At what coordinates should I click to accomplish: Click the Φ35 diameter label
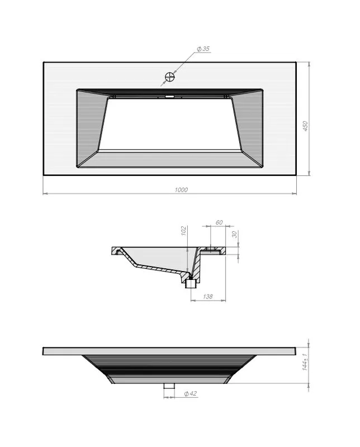(x=203, y=49)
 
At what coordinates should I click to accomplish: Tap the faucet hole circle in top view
(x=170, y=77)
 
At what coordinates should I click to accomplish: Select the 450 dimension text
(x=305, y=126)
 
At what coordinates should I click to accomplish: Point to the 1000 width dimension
(x=181, y=190)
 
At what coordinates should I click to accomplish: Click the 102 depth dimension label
(x=184, y=231)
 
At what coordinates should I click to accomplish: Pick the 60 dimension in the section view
(x=219, y=222)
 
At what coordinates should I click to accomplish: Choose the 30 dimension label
(x=234, y=234)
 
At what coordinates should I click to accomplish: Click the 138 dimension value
(x=207, y=297)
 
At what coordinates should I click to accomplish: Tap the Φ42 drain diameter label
(x=190, y=394)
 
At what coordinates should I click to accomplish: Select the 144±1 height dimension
(x=305, y=362)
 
